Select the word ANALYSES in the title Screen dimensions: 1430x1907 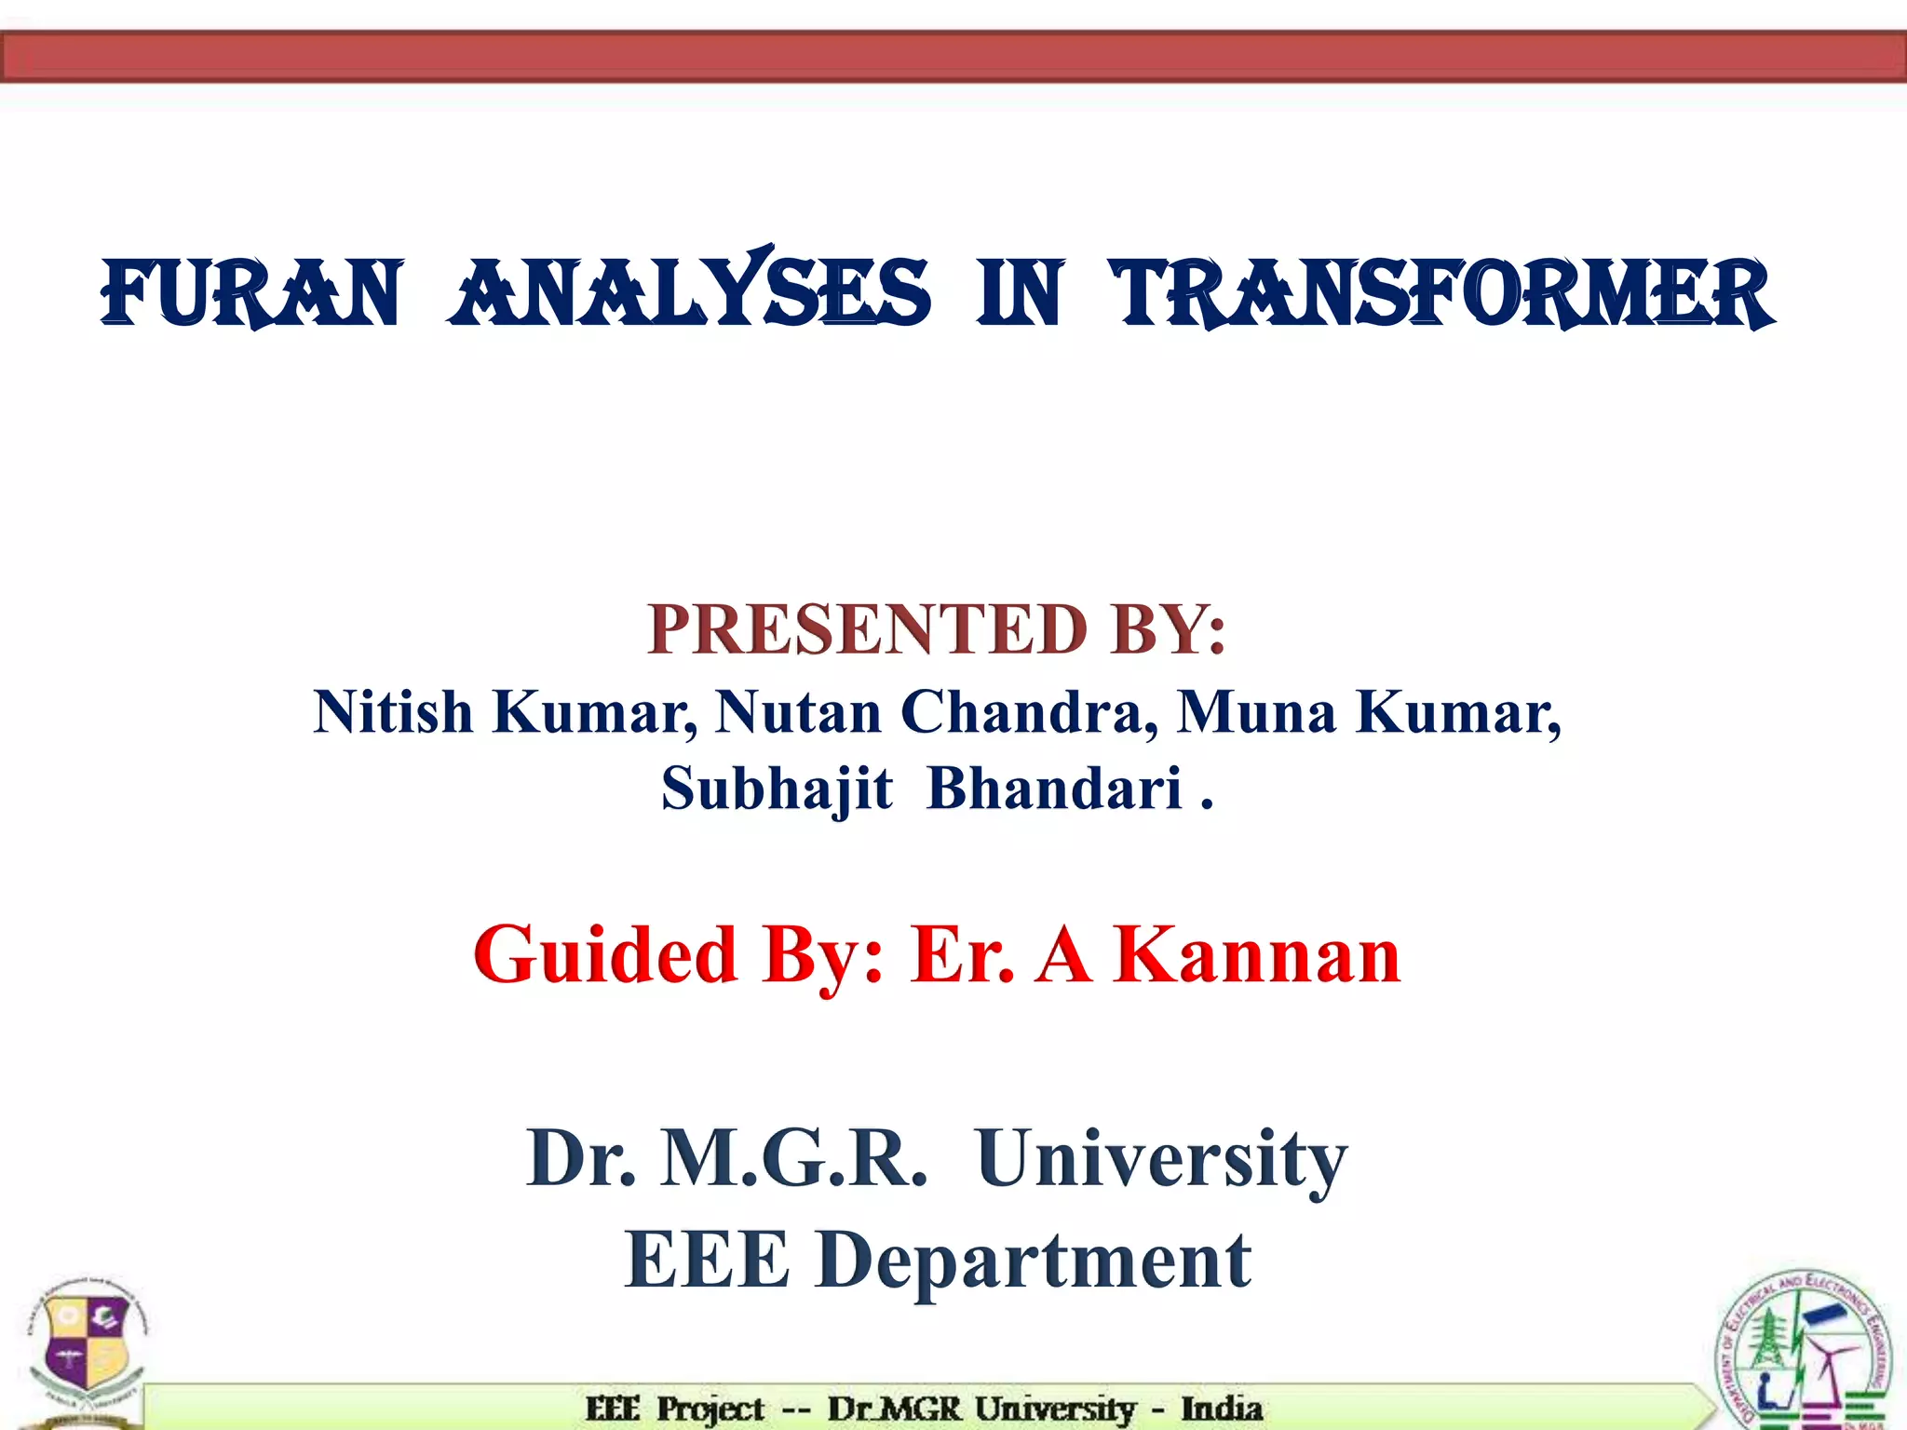(690, 294)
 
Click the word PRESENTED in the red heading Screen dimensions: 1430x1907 (866, 630)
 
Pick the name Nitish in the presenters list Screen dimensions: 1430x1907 (393, 713)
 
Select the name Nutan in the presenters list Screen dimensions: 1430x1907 (798, 713)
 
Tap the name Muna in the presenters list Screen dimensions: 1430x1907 (1256, 713)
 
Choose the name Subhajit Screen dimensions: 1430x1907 (777, 789)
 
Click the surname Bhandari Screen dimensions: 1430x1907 (1054, 789)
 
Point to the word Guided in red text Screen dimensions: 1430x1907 (605, 956)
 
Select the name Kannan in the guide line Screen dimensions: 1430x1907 (1257, 956)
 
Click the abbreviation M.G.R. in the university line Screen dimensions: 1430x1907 (793, 1159)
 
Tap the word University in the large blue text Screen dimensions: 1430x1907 (1161, 1159)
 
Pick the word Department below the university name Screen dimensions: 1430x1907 (1034, 1261)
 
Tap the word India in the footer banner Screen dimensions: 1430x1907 (1222, 1409)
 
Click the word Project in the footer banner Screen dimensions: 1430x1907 (710, 1409)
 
